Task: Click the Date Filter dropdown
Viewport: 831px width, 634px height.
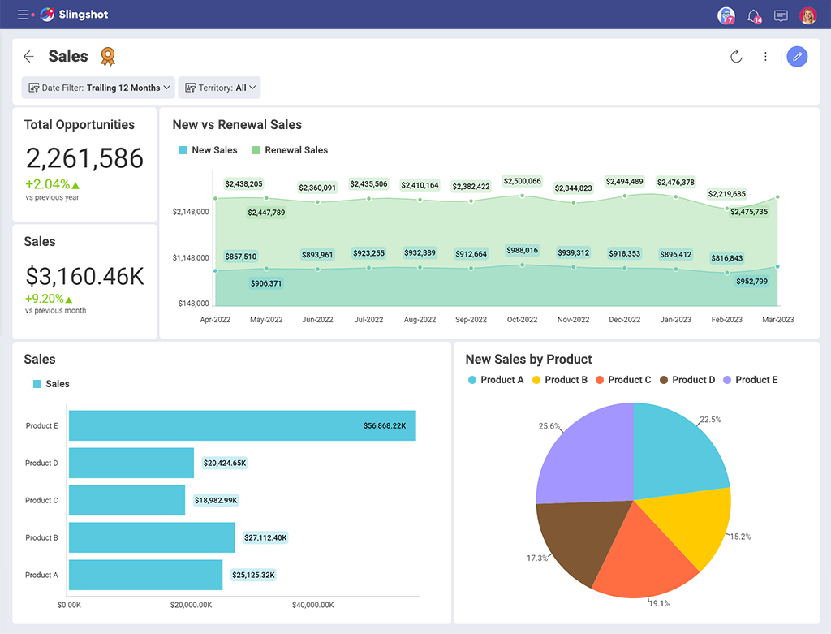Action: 98,88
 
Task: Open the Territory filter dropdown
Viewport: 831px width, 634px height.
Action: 219,88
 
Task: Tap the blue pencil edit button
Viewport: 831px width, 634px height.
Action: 797,57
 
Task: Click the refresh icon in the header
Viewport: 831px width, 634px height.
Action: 736,57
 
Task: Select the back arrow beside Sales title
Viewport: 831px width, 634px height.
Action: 29,57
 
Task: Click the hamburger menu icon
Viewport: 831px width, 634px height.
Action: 23,15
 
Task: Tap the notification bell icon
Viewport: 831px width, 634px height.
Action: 753,15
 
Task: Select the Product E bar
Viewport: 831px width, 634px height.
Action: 242,425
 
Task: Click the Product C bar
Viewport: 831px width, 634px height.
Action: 127,500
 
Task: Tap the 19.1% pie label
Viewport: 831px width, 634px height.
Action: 659,603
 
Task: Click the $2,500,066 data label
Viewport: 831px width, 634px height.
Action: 522,181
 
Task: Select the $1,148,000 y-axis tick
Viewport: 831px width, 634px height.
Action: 191,258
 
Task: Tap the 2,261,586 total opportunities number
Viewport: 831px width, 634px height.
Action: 84,158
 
